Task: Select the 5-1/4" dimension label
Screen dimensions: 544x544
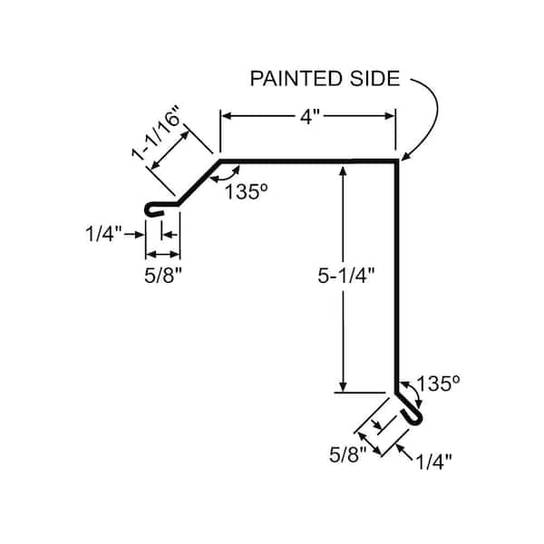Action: pyautogui.click(x=346, y=276)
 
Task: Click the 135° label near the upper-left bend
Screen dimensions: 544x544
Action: pyautogui.click(x=247, y=191)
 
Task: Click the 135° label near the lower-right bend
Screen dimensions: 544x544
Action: pyautogui.click(x=438, y=384)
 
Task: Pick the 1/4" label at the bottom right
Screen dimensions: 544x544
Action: pyautogui.click(x=433, y=461)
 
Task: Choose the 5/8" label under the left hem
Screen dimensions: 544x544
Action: pyautogui.click(x=163, y=276)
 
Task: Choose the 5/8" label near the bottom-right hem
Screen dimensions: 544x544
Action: pyautogui.click(x=347, y=454)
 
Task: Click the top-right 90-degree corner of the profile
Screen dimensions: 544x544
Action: pyautogui.click(x=397, y=161)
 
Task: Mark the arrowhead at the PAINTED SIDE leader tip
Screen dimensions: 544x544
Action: pyautogui.click(x=404, y=157)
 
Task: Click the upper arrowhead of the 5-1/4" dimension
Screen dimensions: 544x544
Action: pyautogui.click(x=343, y=171)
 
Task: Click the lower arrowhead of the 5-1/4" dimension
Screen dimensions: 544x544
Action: pyautogui.click(x=343, y=387)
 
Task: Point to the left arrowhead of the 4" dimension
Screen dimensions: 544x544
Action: pyautogui.click(x=226, y=116)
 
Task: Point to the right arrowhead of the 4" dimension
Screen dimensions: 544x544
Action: pyautogui.click(x=390, y=116)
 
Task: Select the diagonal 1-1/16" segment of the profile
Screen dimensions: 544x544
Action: pyautogui.click(x=199, y=182)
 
